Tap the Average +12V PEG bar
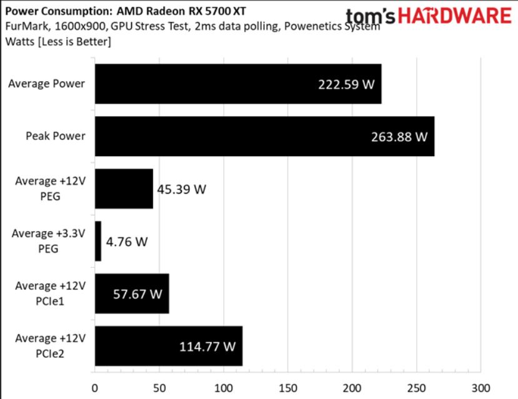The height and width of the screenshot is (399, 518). (124, 189)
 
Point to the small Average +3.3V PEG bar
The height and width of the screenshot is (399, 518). (97, 241)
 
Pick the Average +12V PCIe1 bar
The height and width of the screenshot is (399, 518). (132, 293)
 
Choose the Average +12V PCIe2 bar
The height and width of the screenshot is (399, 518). (168, 346)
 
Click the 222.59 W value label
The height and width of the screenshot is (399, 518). (346, 84)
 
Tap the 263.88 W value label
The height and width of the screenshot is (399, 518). (399, 135)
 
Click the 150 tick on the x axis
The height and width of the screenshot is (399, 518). (287, 387)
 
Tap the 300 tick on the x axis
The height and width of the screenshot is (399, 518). (480, 387)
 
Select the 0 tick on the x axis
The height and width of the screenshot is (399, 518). (94, 387)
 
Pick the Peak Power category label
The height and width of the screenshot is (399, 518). (55, 135)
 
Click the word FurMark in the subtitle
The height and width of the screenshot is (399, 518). (25, 28)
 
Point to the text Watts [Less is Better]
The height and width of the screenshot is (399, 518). (58, 42)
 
